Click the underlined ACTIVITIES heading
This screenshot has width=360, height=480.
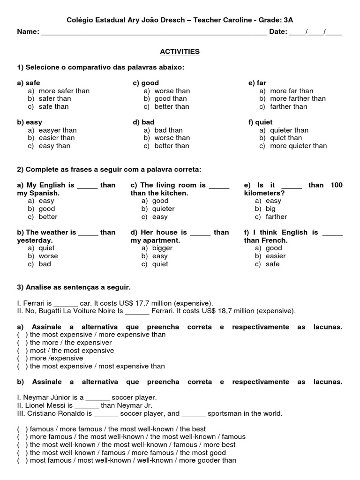tap(180, 52)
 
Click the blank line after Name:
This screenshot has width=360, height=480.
tap(154, 33)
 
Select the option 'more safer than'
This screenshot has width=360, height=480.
tap(64, 91)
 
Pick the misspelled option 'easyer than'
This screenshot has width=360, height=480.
tap(58, 130)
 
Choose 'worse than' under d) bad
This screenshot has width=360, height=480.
tap(172, 138)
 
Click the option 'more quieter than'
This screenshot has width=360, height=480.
tap(299, 146)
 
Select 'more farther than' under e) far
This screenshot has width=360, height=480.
tap(298, 98)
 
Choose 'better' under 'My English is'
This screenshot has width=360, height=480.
tap(48, 217)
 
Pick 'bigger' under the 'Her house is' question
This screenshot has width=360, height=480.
tap(163, 248)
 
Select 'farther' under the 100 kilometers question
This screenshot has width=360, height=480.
tap(276, 217)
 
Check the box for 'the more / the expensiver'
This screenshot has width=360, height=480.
tap(22, 343)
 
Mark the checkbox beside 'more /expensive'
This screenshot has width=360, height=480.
tap(22, 359)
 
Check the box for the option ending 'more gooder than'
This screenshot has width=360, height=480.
tap(22, 461)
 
